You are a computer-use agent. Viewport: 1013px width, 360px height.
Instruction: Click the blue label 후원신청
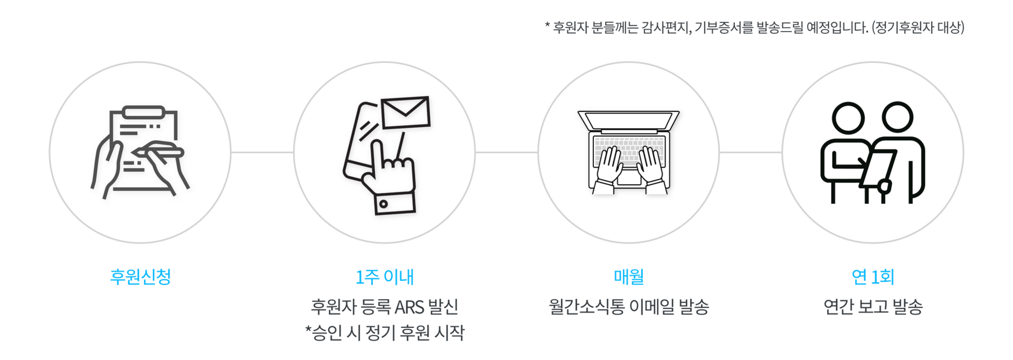pyautogui.click(x=140, y=277)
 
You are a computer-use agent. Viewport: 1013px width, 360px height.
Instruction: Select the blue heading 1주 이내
pyautogui.click(x=385, y=277)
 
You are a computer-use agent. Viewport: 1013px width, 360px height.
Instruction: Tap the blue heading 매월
pyautogui.click(x=629, y=277)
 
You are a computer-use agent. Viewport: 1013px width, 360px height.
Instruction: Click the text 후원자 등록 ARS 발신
pyautogui.click(x=384, y=306)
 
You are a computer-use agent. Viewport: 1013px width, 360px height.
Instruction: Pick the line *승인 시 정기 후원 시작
pyautogui.click(x=385, y=333)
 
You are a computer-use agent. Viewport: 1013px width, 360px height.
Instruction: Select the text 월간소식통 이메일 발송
pyautogui.click(x=629, y=306)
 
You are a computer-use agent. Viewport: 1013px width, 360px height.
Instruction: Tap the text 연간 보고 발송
pyautogui.click(x=873, y=306)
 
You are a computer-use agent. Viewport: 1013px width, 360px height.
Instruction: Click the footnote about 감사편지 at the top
pyautogui.click(x=755, y=27)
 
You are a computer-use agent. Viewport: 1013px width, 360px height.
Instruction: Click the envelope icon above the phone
pyautogui.click(x=405, y=112)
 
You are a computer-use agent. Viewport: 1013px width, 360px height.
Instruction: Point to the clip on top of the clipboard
pyautogui.click(x=143, y=112)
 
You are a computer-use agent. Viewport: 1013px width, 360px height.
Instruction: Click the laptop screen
pyautogui.click(x=629, y=120)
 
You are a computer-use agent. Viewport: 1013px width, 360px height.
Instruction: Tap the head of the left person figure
pyautogui.click(x=848, y=117)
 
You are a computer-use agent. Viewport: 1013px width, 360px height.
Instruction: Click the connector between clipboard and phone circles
pyautogui.click(x=262, y=153)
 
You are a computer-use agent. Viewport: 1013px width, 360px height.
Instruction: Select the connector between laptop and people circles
pyautogui.click(x=750, y=153)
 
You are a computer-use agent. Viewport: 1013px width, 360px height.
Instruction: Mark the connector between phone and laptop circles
pyautogui.click(x=506, y=153)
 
